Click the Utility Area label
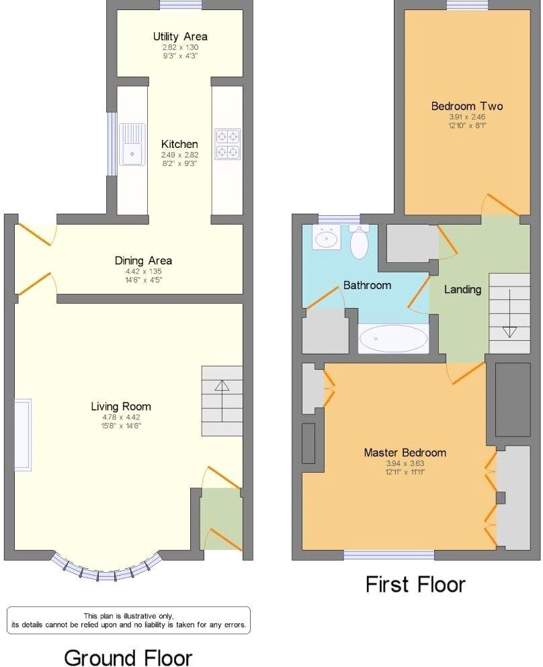point(180,36)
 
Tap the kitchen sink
point(132,145)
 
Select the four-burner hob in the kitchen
point(228,144)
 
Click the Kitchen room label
point(179,144)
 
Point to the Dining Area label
point(143,260)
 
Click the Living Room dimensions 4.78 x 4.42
point(121,418)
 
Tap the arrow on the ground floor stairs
point(222,400)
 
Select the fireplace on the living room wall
point(23,435)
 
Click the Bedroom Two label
point(467,106)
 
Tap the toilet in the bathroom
point(360,242)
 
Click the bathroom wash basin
point(327,237)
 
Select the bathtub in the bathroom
point(393,339)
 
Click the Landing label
point(462,290)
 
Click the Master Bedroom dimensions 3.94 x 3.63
point(405,464)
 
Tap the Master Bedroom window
point(389,555)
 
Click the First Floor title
point(415,584)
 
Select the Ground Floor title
point(128,657)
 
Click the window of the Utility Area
point(181,5)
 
